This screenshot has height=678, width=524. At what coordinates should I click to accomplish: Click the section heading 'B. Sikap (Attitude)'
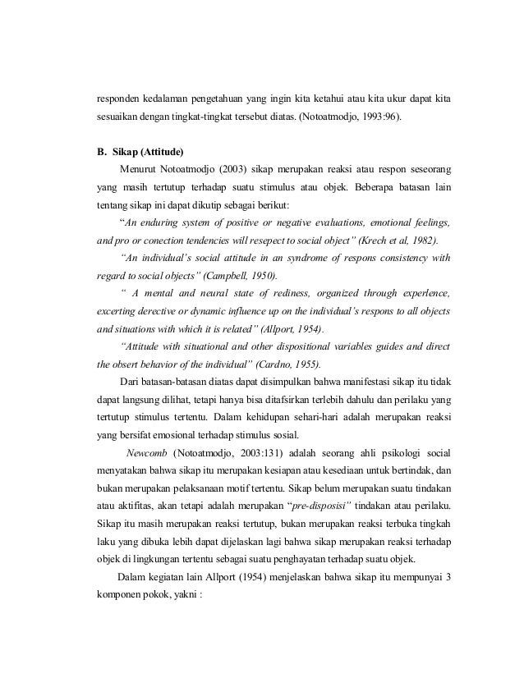[140, 151]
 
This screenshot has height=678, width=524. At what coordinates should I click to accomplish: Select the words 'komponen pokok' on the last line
[132, 595]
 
